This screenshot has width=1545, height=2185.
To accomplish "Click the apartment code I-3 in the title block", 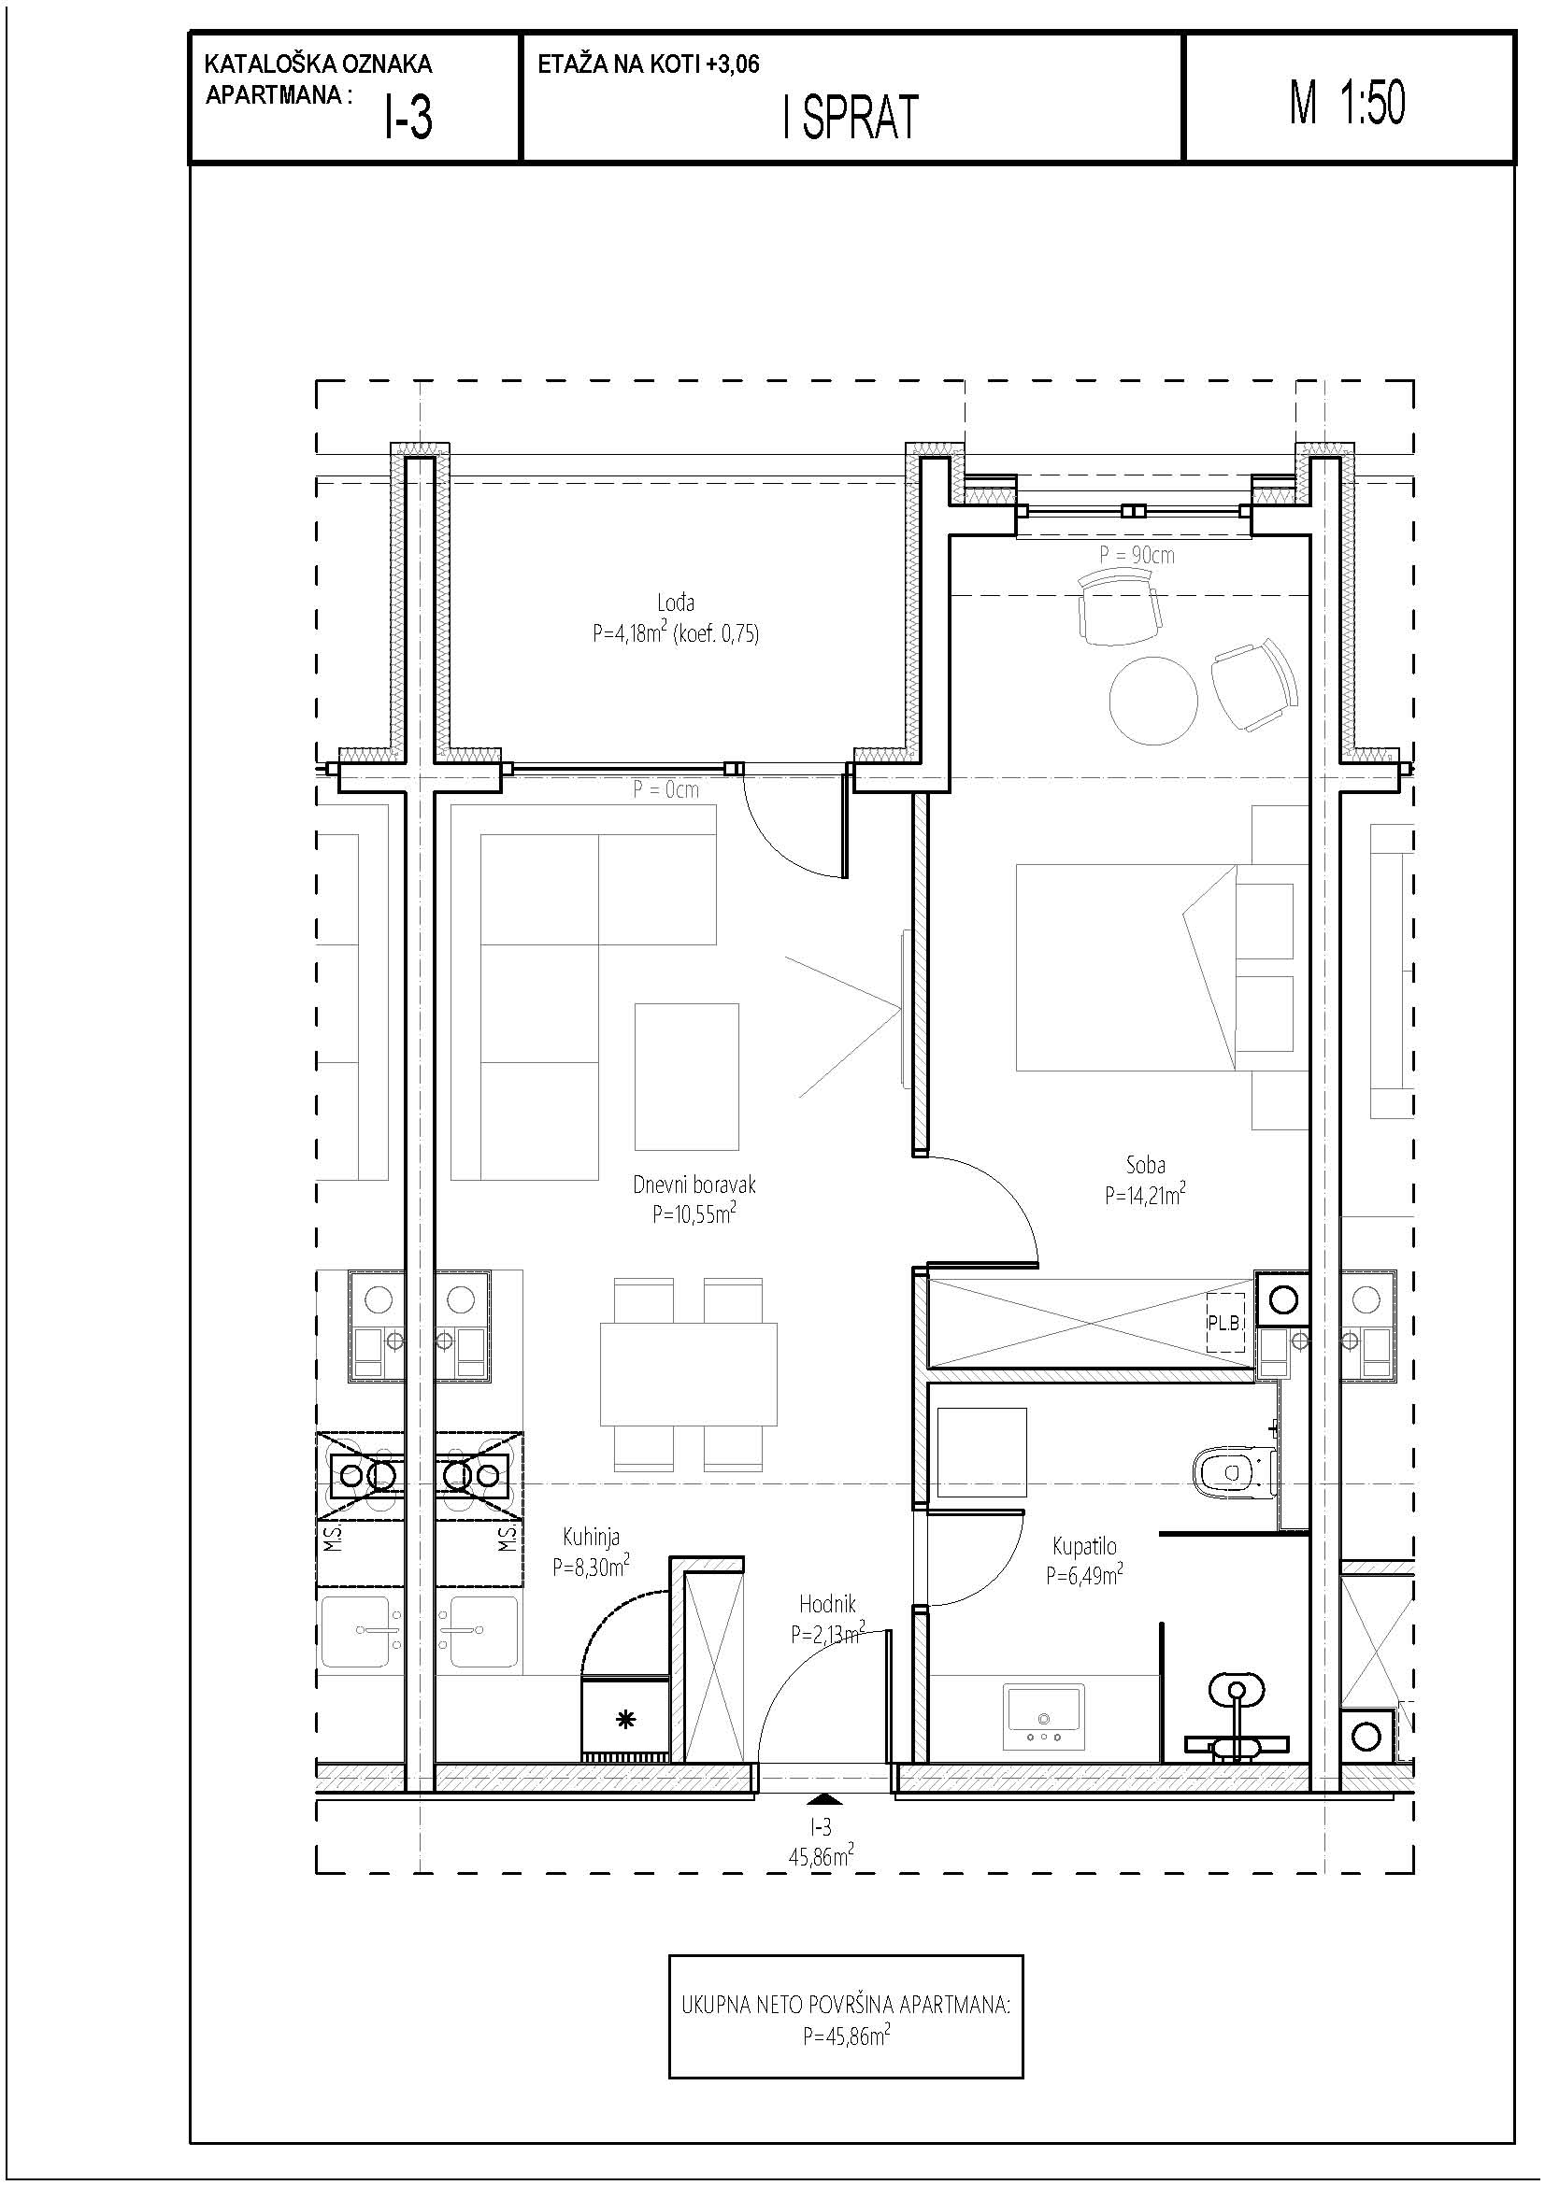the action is (408, 119).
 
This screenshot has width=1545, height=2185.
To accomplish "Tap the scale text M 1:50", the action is (1347, 103).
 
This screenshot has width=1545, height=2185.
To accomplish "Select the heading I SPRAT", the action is (851, 118).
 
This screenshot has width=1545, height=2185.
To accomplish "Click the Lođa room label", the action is (676, 603).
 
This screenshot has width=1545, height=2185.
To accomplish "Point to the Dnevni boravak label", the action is (694, 1185).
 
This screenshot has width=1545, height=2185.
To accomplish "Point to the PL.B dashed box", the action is (1226, 1323).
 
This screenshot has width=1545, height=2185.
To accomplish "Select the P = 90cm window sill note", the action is (1137, 555).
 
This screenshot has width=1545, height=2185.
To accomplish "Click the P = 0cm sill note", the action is (665, 789).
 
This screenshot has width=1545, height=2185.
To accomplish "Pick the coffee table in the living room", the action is (687, 1076).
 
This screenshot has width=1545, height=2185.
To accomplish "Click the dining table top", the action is (688, 1373).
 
